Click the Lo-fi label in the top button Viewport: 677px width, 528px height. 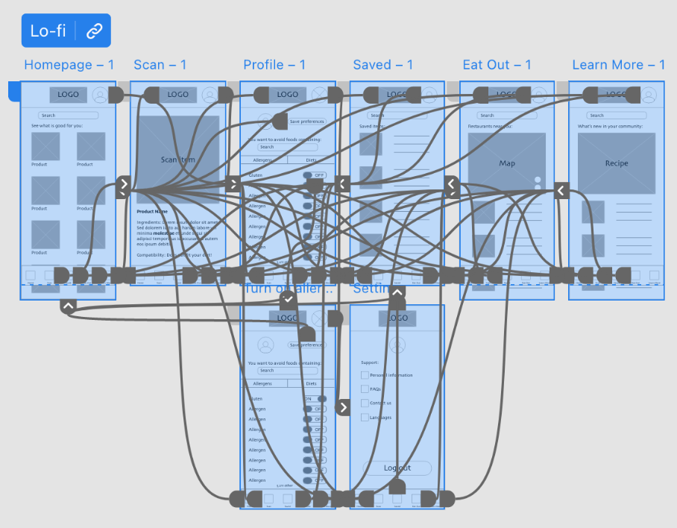click(x=48, y=31)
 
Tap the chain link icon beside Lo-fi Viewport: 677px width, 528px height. click(x=93, y=31)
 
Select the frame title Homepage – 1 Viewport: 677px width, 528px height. click(x=69, y=65)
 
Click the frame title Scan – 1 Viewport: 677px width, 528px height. click(x=160, y=65)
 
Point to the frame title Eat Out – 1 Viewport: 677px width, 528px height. click(x=497, y=65)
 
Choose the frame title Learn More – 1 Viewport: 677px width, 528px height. click(x=618, y=65)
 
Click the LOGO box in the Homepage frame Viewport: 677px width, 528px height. click(x=68, y=95)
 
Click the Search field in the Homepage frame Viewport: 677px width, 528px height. click(x=69, y=116)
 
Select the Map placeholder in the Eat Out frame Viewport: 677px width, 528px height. click(x=507, y=163)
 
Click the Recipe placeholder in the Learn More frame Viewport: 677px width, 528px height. click(x=617, y=163)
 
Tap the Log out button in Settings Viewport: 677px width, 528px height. click(x=397, y=468)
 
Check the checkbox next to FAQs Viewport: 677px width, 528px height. click(x=365, y=389)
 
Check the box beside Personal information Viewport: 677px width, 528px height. click(x=365, y=375)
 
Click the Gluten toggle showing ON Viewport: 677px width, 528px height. click(x=315, y=399)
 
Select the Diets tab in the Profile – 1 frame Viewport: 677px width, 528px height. click(x=312, y=160)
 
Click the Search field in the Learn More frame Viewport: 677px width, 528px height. click(x=616, y=116)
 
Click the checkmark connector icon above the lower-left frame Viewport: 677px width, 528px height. click(x=289, y=299)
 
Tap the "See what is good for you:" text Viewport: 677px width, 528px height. click(x=57, y=125)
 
